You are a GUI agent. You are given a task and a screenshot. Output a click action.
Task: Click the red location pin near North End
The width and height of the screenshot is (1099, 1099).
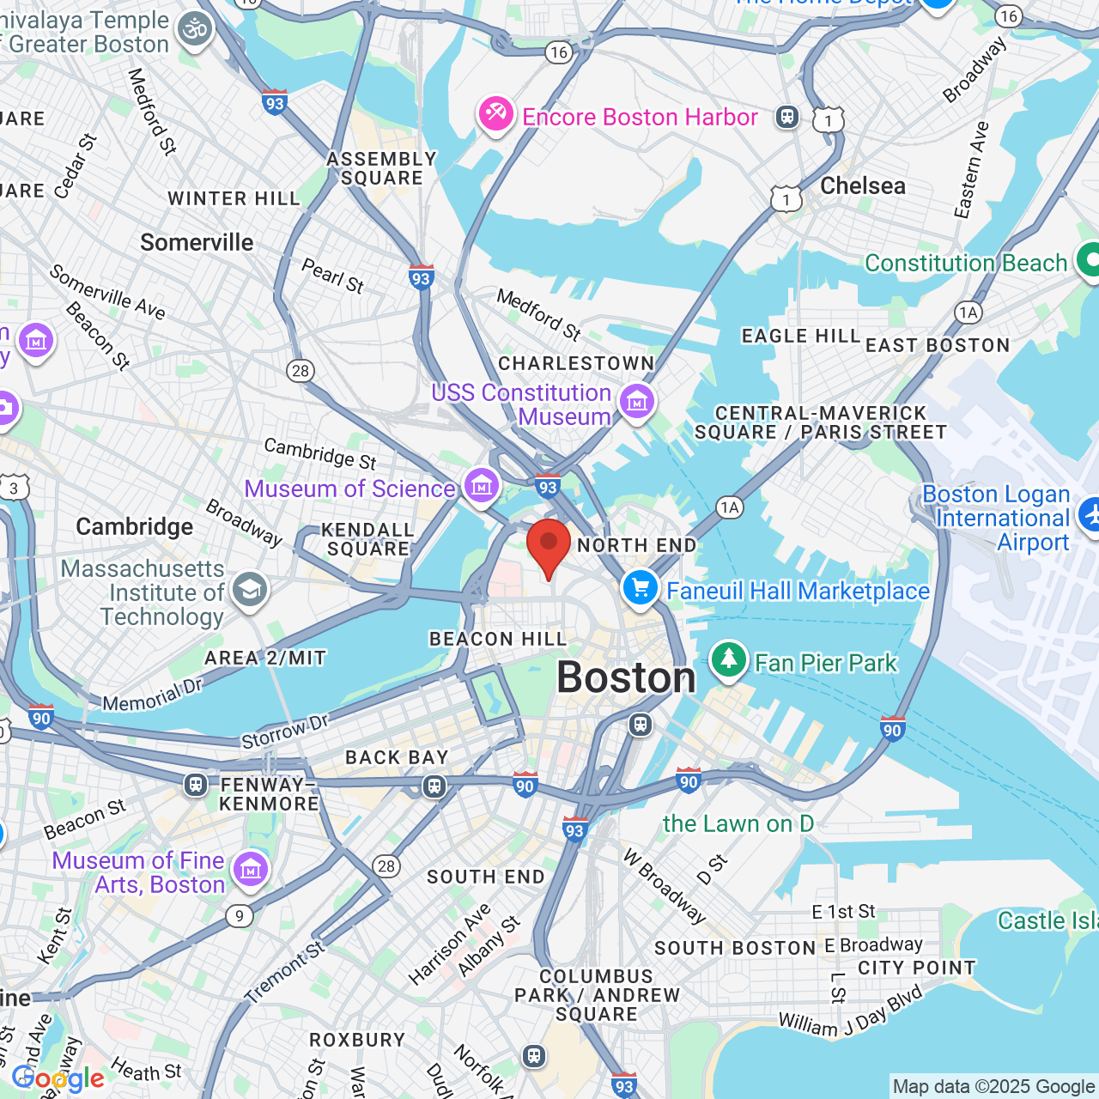click(548, 546)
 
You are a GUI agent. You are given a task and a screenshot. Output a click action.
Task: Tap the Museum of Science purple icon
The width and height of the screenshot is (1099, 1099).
click(482, 486)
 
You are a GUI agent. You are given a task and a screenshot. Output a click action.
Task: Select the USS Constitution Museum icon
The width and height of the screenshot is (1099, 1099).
click(637, 401)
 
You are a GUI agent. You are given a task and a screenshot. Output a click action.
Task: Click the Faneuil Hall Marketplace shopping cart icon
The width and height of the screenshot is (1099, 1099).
click(641, 589)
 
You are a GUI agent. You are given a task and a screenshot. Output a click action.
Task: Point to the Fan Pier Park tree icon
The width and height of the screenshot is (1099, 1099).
click(729, 660)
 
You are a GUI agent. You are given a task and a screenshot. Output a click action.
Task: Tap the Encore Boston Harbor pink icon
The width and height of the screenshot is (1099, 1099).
click(496, 115)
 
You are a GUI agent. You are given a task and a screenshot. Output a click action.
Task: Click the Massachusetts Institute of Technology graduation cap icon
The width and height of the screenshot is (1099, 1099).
click(250, 590)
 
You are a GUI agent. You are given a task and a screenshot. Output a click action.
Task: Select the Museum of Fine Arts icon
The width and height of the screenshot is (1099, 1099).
click(250, 870)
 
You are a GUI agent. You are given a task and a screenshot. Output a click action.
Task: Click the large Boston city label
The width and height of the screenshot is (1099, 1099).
click(626, 678)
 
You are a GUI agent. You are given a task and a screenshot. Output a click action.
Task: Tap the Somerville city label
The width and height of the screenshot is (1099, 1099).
click(197, 243)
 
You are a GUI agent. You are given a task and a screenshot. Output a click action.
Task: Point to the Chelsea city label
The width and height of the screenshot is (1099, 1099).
click(862, 186)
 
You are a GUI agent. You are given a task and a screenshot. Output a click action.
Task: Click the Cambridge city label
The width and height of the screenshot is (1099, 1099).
click(135, 526)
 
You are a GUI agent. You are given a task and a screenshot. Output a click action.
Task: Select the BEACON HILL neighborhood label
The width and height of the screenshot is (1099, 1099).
click(498, 639)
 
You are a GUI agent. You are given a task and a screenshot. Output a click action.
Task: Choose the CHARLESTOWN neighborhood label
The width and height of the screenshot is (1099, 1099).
click(576, 363)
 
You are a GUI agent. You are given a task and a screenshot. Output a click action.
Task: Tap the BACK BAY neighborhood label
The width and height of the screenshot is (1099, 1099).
click(397, 757)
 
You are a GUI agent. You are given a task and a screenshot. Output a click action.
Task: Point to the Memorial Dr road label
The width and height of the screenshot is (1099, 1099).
click(152, 696)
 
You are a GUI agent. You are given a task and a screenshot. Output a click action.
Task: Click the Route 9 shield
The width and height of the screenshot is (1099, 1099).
click(240, 916)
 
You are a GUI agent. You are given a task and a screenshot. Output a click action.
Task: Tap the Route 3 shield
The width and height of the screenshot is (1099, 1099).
click(14, 489)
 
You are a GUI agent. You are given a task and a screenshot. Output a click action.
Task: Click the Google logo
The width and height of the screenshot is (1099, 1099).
click(58, 1078)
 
